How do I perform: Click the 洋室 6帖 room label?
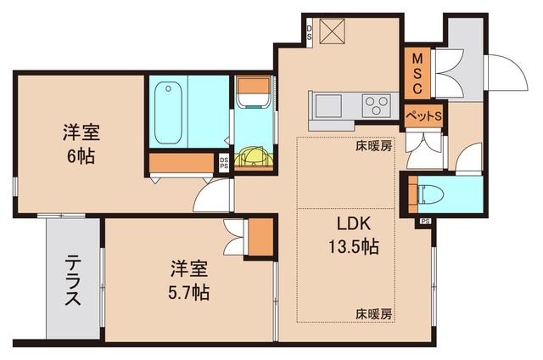coord(81,143)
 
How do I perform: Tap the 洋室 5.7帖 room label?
coord(189,281)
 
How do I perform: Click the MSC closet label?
coord(417,75)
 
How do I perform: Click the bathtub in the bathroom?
coord(168,110)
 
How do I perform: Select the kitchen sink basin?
coord(328,106)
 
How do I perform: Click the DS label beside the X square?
coord(310,34)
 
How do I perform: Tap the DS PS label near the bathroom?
coord(224,161)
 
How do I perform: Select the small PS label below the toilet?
coord(424,222)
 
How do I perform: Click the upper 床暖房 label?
coord(373,145)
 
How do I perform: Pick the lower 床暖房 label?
coord(373,313)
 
